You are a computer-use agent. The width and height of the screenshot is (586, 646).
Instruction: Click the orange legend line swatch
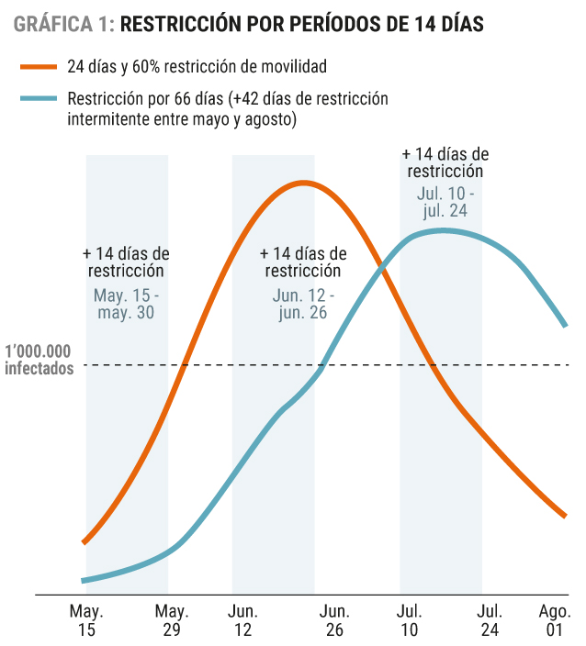[39, 67]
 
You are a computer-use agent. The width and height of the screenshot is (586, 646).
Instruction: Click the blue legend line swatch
[39, 98]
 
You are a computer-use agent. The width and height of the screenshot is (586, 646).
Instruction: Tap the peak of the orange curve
[303, 183]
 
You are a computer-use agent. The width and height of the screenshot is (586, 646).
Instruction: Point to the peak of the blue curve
[444, 231]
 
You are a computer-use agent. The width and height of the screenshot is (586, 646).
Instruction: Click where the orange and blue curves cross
[383, 270]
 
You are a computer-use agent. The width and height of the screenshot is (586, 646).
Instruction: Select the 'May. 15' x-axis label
[86, 620]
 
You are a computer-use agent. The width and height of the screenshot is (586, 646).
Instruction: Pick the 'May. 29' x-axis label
[172, 620]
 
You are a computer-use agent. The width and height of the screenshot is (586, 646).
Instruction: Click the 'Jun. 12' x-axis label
[242, 620]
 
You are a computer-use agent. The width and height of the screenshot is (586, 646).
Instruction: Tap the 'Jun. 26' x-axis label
[334, 620]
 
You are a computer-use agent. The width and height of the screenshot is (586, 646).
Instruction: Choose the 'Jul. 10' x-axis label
[409, 620]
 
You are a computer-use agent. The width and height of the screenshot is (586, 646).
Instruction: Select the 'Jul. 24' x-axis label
[490, 620]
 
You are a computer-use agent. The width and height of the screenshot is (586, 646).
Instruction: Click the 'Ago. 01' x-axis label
[555, 620]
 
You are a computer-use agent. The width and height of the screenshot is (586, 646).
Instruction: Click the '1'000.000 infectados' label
[39, 360]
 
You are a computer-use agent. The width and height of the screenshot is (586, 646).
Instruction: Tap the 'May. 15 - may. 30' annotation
[126, 304]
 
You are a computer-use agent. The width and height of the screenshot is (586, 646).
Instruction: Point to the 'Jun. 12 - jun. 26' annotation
[303, 304]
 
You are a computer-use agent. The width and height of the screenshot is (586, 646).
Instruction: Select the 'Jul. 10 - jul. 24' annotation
[445, 202]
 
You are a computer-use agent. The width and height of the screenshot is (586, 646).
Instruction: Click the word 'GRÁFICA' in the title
[53, 24]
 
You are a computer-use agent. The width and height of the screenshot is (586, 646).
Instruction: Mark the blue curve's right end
[566, 326]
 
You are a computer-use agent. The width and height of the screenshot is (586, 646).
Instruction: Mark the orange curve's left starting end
[85, 542]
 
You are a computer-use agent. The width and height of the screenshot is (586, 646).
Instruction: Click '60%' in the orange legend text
[146, 66]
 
